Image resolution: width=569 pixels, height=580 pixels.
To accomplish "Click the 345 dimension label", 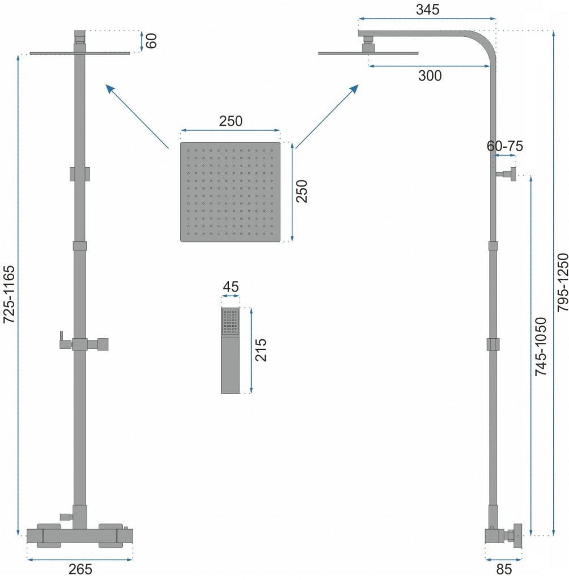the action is [427, 10].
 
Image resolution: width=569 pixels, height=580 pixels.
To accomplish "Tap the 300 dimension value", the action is [430, 76].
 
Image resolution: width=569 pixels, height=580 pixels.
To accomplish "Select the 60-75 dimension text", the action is [504, 146].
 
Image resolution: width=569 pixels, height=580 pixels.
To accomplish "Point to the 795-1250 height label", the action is [562, 282].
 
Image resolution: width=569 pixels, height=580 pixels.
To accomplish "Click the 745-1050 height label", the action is [541, 347].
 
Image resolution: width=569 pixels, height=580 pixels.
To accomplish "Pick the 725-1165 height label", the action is [9, 295].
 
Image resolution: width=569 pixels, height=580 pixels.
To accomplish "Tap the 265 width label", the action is [80, 569].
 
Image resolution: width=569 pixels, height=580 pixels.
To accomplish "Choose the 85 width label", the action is [503, 569].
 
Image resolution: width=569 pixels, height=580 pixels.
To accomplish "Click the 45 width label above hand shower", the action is [231, 287].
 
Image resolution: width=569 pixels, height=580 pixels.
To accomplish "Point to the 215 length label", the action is [261, 350].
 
